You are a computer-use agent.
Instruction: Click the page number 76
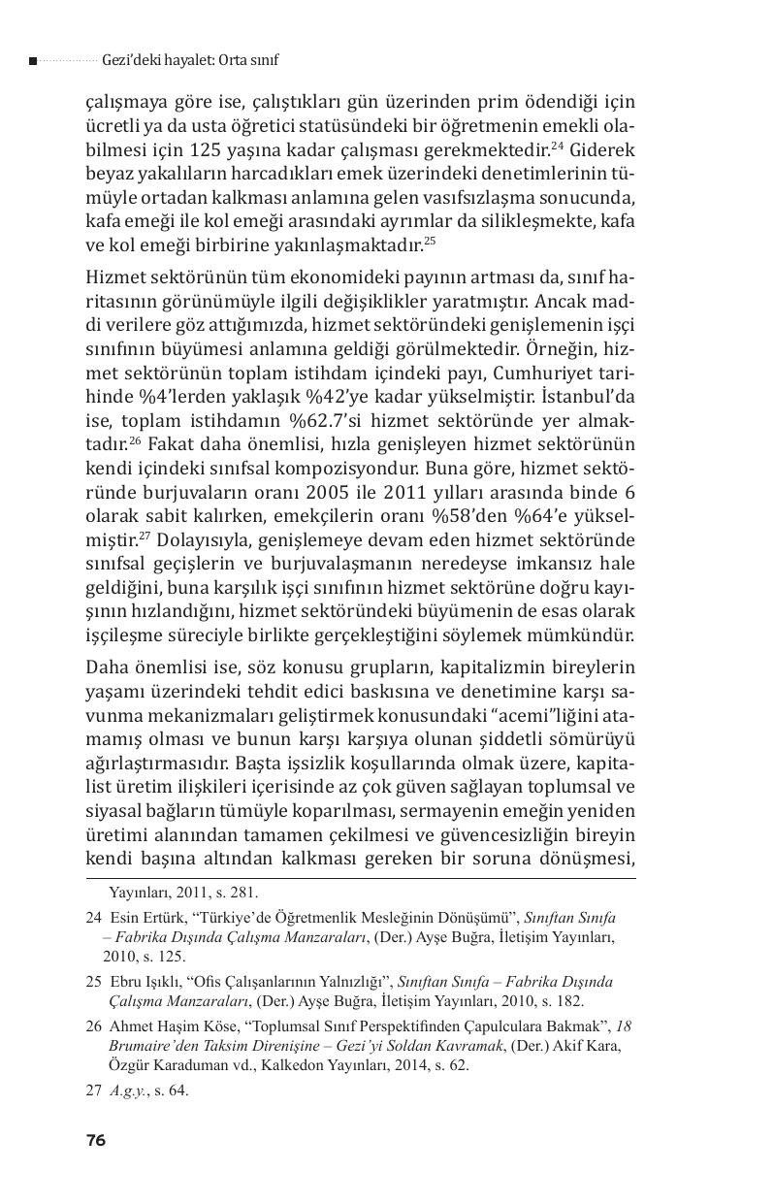(95, 1141)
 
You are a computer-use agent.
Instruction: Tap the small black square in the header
(33, 61)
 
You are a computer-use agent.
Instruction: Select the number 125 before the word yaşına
(259, 150)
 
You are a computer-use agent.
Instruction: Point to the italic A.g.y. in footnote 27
(128, 1090)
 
